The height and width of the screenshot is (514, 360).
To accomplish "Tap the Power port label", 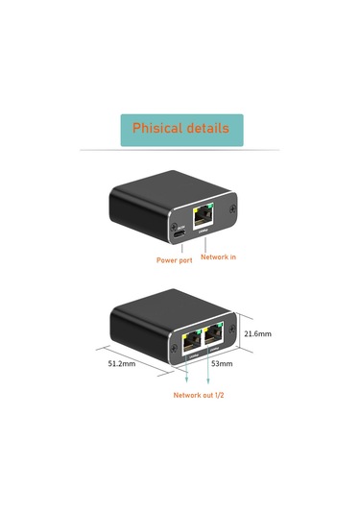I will coord(174,259).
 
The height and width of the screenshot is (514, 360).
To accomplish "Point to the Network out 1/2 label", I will coord(199,395).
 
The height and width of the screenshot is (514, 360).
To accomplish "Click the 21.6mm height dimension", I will coord(257,334).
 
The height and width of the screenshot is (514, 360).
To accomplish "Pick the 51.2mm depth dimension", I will coord(122,364).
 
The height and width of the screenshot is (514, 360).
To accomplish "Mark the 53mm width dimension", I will coord(221,364).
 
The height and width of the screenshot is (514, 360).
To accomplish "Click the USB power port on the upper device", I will coord(178,234).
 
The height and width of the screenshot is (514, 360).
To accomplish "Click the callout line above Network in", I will coord(203,241).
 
